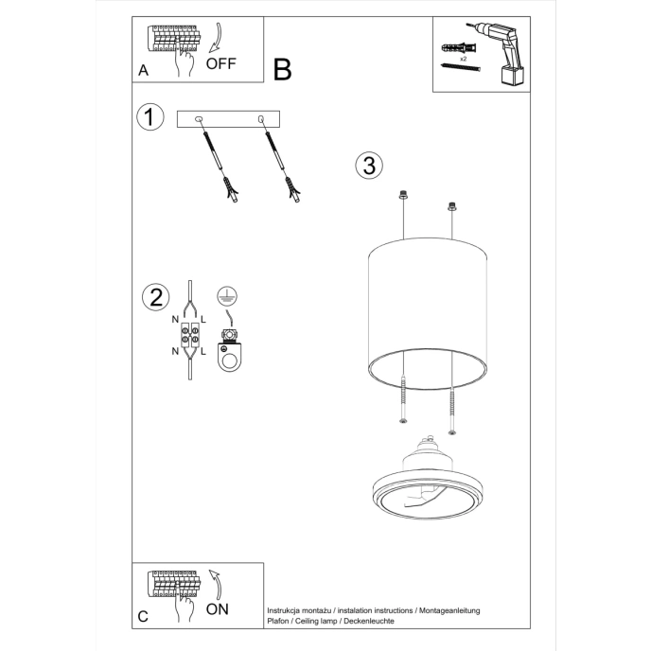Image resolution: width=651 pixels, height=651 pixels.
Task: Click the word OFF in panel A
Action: point(220,64)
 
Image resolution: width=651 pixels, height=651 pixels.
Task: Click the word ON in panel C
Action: point(218,608)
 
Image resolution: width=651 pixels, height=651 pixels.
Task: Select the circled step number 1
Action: point(148,117)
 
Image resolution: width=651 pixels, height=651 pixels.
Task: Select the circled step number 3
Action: point(368,165)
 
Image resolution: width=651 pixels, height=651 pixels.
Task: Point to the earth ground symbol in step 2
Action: point(225,295)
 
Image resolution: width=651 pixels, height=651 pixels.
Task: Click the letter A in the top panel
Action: point(143,70)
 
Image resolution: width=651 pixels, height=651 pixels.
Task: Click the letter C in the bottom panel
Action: point(143,616)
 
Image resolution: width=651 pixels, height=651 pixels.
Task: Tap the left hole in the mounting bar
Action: point(199,118)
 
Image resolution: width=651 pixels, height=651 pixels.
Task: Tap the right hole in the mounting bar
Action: point(260,118)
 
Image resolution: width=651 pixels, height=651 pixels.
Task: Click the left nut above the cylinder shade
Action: point(404,196)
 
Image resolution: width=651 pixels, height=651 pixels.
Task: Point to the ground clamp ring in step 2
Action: point(228,359)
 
